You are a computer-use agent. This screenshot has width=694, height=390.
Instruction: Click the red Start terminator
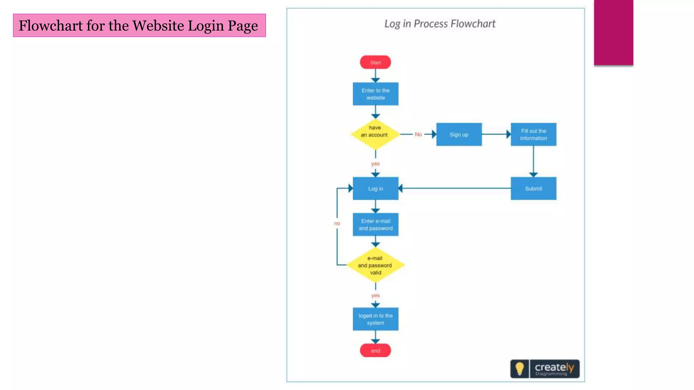[375, 62]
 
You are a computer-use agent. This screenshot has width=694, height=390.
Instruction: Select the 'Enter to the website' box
[375, 94]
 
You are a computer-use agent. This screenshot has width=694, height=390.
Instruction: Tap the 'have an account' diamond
[375, 134]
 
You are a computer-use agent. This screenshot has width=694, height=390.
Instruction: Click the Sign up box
[459, 134]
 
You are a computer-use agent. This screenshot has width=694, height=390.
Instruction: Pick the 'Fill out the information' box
[533, 134]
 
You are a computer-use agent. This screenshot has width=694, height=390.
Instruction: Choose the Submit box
[533, 189]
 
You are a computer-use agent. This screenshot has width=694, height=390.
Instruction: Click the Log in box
[375, 189]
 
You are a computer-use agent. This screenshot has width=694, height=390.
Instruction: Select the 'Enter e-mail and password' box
[375, 224]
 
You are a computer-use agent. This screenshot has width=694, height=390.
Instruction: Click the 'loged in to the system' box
[375, 319]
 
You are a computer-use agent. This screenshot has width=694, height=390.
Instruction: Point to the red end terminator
[375, 350]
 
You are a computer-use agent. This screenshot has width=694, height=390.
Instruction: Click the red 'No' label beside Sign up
[418, 134]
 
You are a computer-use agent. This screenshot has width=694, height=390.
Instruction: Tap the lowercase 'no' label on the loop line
[337, 223]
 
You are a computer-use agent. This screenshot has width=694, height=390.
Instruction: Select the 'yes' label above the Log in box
[375, 164]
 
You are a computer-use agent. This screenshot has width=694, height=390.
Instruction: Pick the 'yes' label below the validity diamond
[375, 295]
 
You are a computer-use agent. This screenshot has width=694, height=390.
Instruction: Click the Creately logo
[554, 368]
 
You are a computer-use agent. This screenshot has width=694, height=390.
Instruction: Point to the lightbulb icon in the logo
[519, 368]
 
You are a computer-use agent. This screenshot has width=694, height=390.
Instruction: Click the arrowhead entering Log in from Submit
[400, 188]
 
